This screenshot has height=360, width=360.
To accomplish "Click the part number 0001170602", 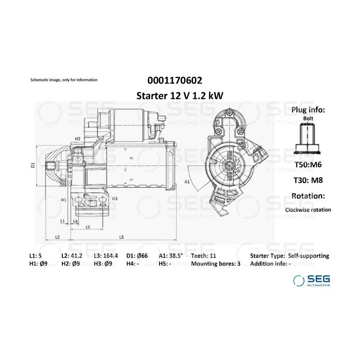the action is pos(175,80).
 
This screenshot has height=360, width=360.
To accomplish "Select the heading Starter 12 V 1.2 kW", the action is pos(180,96).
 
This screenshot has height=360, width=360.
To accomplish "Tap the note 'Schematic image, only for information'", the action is pos(64,80).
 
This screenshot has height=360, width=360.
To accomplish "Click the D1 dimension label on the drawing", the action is pos(33,165).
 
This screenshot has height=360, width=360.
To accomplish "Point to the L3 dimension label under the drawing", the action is pos(122,237).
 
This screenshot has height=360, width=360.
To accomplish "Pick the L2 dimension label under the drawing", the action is pos(57,237).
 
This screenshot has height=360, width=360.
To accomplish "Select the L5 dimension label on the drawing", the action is pos(88,227).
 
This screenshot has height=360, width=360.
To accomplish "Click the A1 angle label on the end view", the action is pos(187,182).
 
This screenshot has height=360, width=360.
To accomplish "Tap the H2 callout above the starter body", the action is pos(78,139).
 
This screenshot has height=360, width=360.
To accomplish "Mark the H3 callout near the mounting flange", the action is pos(114,198).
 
